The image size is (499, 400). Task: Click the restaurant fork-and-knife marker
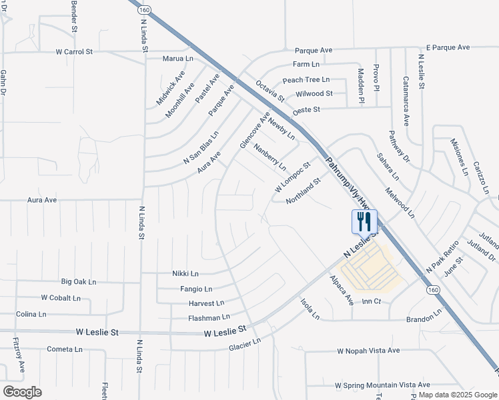pyautogui.click(x=364, y=221)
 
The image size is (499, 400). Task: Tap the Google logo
pyautogui.click(x=23, y=392)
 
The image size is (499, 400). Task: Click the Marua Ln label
pyautogui.click(x=178, y=59)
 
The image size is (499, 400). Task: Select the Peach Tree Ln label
pyautogui.click(x=306, y=80)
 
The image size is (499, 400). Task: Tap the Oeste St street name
pyautogui.click(x=307, y=109)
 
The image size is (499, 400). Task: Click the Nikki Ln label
pyautogui.click(x=185, y=273)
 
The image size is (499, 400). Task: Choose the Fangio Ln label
pyautogui.click(x=196, y=289)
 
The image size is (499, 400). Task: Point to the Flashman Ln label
pyautogui.click(x=209, y=317)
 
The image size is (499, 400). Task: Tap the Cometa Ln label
pyautogui.click(x=65, y=349)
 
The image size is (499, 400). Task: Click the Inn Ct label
pyautogui.click(x=371, y=302)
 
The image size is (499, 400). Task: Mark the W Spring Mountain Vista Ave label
pyautogui.click(x=382, y=385)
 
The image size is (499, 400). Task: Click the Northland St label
pyautogui.click(x=304, y=190)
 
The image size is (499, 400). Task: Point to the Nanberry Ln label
pyautogui.click(x=270, y=155)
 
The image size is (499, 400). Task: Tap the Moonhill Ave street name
pyautogui.click(x=180, y=100)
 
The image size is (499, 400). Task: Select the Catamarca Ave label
pyautogui.click(x=406, y=101)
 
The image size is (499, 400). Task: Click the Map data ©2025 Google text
pyautogui.click(x=458, y=395)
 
